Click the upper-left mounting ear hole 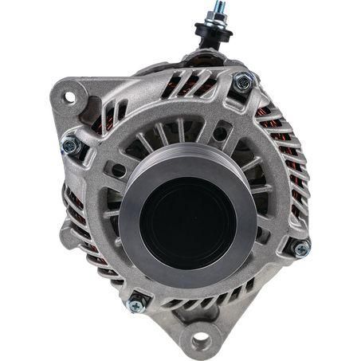coord(69,97)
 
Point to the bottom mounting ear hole coord(199,343)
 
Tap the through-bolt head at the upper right coord(242,80)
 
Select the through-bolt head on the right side coord(300,249)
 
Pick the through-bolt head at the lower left coord(137,303)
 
